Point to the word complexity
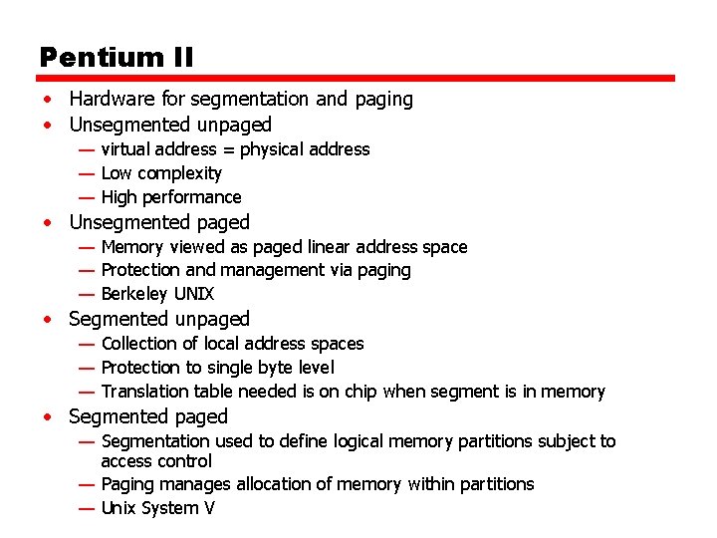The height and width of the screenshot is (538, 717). point(179,173)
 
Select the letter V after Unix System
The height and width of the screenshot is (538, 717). point(209,508)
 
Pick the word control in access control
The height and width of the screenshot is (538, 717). point(186,461)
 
